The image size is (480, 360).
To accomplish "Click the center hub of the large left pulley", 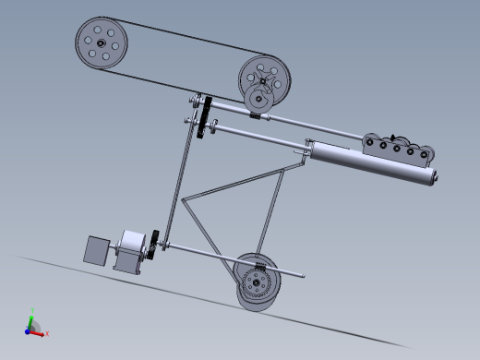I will pyautogui.click(x=101, y=43).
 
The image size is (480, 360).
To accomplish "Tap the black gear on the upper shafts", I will pyautogui.click(x=209, y=116).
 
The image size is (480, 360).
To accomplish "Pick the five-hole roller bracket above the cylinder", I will pyautogui.click(x=398, y=148).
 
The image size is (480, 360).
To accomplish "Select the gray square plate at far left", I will pyautogui.click(x=97, y=250).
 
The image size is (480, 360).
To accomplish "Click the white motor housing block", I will pyautogui.click(x=130, y=250).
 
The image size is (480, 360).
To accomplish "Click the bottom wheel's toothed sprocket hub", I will pyautogui.click(x=258, y=278).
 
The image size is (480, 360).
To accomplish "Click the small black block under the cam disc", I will pyautogui.click(x=255, y=114).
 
